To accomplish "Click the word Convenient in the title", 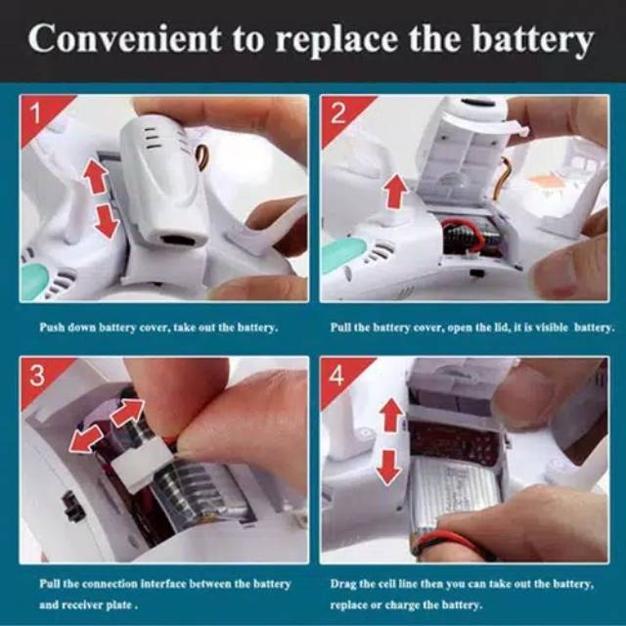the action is point(124,38).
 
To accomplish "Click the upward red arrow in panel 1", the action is point(96,176).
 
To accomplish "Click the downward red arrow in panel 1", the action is point(107,222).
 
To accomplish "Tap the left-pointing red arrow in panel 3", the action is point(85,439).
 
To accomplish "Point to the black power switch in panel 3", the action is point(73,507).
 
